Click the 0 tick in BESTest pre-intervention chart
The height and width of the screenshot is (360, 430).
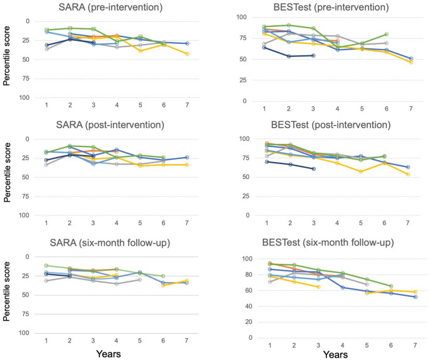[252, 101]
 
